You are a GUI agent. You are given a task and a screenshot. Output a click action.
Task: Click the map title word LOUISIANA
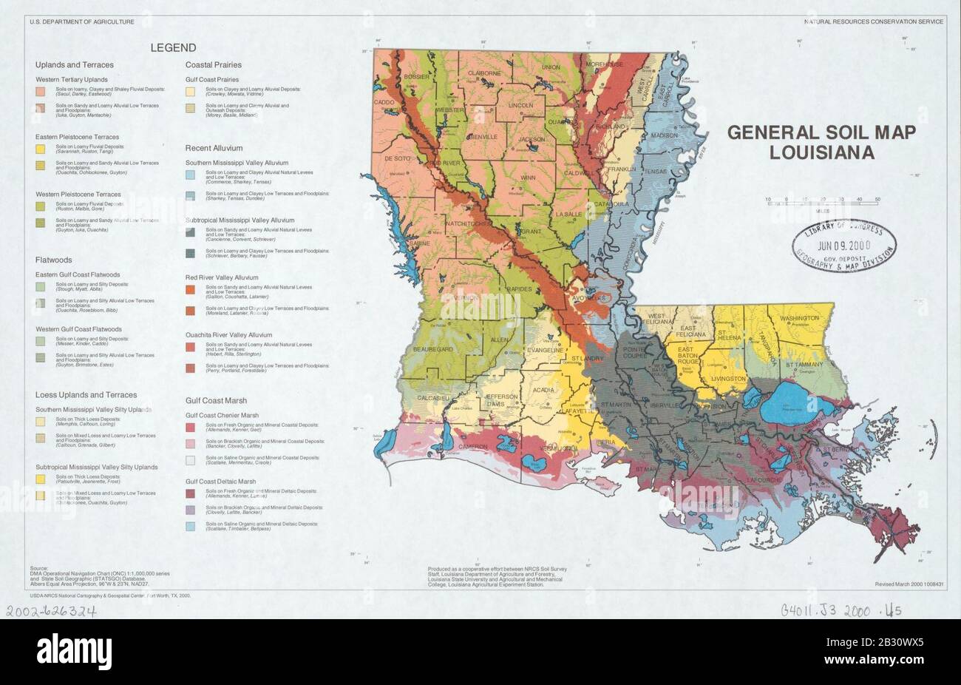[x=822, y=153]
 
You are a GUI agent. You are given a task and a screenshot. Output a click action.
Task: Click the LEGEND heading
[x=173, y=48]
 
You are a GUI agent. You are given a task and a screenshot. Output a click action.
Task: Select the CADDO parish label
[x=384, y=101]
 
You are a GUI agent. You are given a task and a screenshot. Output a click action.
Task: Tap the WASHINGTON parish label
[x=799, y=318]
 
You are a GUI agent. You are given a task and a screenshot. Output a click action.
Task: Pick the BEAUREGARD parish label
[x=433, y=348]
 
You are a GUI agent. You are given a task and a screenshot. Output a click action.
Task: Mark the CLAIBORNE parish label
[x=484, y=73]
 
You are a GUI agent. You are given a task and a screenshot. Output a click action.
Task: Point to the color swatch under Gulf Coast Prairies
[x=190, y=92]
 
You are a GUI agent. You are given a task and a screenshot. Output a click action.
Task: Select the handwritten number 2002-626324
[x=52, y=611]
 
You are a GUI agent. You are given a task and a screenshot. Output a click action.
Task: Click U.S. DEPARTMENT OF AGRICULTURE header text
[x=82, y=22]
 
